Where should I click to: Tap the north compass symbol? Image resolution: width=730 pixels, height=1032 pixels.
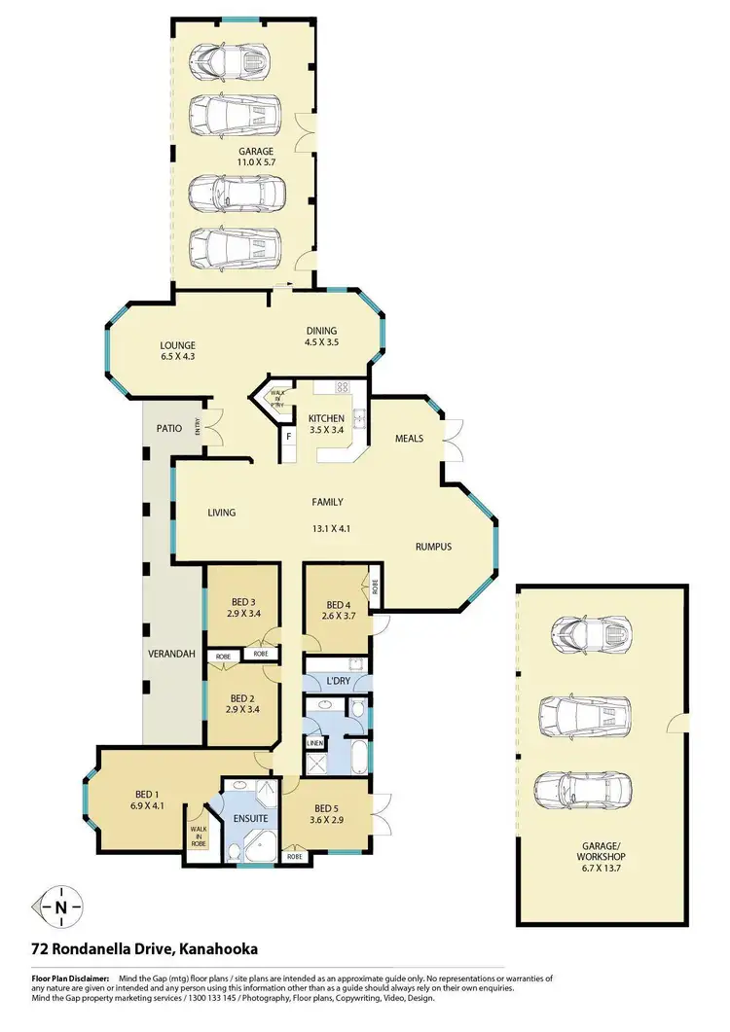pyautogui.click(x=61, y=906)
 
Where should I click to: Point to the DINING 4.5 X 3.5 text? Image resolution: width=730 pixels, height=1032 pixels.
pyautogui.click(x=324, y=336)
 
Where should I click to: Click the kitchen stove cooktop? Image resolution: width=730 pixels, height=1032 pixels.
pyautogui.click(x=343, y=386)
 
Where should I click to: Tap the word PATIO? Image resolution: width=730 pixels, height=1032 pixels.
pyautogui.click(x=171, y=428)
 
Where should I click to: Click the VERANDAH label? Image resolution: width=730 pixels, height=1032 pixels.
pyautogui.click(x=167, y=654)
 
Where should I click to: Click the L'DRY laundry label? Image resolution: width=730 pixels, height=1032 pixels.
pyautogui.click(x=339, y=681)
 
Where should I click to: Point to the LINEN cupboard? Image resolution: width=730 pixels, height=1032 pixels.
pyautogui.click(x=314, y=744)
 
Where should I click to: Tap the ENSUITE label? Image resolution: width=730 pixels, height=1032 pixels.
pyautogui.click(x=250, y=819)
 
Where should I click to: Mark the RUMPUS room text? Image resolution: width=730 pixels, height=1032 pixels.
pyautogui.click(x=434, y=547)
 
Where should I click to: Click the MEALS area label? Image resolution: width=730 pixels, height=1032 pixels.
pyautogui.click(x=409, y=438)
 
